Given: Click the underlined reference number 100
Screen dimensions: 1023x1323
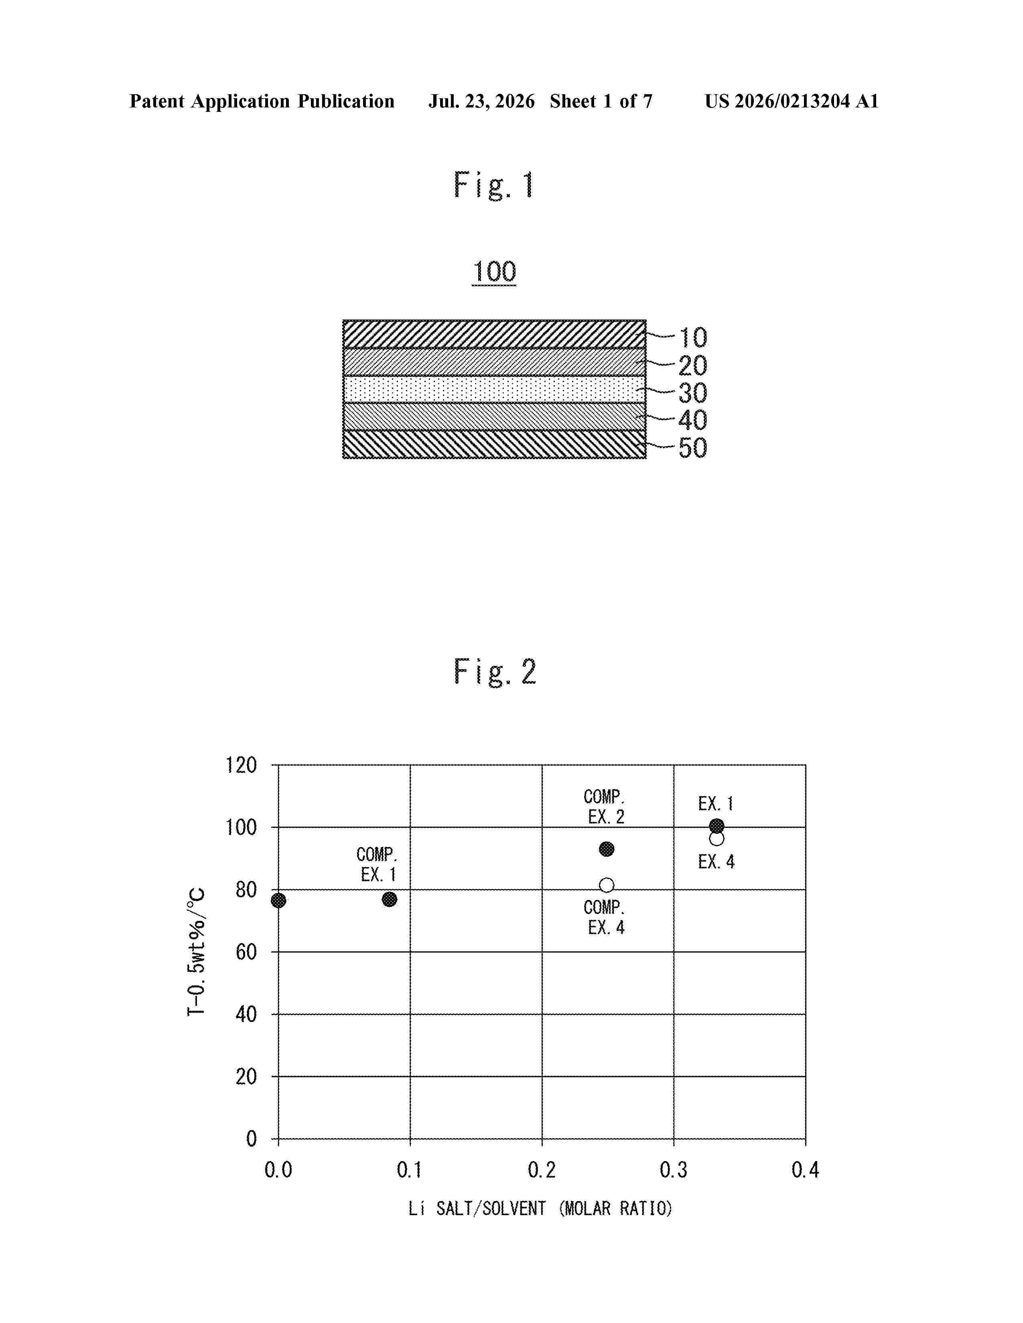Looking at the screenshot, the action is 494,272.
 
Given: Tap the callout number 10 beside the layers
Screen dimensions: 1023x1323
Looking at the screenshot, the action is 693,338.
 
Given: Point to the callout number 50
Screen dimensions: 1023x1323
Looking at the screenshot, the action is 693,448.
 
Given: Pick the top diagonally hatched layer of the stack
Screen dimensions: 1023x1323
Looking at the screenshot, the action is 494,334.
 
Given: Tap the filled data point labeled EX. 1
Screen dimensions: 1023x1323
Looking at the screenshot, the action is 717,825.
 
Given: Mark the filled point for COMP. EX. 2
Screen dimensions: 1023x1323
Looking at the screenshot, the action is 606,849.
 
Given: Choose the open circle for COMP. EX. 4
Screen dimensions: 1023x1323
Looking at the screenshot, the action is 606,886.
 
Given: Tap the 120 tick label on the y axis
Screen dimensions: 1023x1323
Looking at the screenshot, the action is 241,765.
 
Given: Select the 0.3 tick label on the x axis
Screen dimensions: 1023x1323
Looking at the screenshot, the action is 673,1170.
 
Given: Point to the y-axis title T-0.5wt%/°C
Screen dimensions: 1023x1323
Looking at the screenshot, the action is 196,952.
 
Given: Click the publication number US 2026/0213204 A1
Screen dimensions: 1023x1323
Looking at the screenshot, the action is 792,101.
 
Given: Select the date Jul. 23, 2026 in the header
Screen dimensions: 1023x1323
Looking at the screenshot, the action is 482,101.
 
